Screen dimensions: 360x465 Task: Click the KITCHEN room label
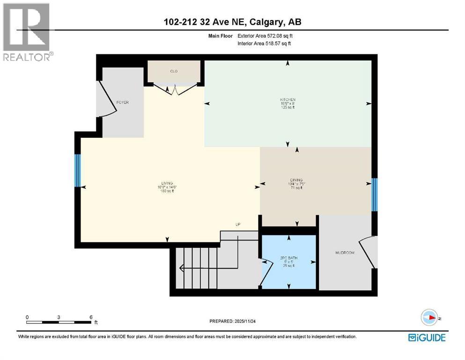pyautogui.click(x=287, y=100)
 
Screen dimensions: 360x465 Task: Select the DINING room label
pyautogui.click(x=295, y=180)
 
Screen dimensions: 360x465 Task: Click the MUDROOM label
pyautogui.click(x=345, y=253)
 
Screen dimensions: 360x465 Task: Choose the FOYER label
pyautogui.click(x=123, y=102)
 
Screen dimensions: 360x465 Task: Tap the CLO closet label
pyautogui.click(x=174, y=71)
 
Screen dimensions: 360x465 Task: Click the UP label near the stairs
pyautogui.click(x=238, y=225)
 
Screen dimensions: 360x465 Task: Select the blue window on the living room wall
pyautogui.click(x=78, y=170)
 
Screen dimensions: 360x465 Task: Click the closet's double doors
pyautogui.click(x=174, y=88)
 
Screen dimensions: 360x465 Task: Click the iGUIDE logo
pyautogui.click(x=427, y=337)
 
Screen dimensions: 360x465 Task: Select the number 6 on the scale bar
pyautogui.click(x=91, y=317)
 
